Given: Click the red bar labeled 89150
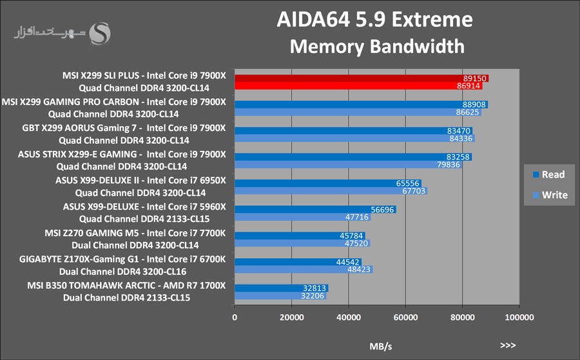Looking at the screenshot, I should pyautogui.click(x=361, y=78).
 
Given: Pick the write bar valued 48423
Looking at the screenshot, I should pyautogui.click(x=304, y=270).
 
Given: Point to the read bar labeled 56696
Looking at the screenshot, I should pyautogui.click(x=315, y=209).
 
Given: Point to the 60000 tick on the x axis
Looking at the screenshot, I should pyautogui.click(x=405, y=317).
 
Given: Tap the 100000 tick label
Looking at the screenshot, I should pyautogui.click(x=519, y=317).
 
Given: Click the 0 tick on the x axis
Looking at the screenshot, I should pyautogui.click(x=235, y=317).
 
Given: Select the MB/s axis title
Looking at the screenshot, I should pyautogui.click(x=380, y=346).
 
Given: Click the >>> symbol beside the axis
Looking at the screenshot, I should pyautogui.click(x=507, y=345).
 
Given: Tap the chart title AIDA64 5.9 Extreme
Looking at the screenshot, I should pyautogui.click(x=374, y=21).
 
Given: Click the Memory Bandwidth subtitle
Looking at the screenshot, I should pyautogui.click(x=377, y=46).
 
